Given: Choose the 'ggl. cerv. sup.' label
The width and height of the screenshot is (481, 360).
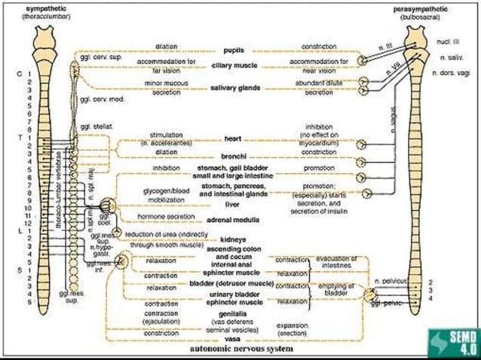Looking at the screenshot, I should pos(98,56).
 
